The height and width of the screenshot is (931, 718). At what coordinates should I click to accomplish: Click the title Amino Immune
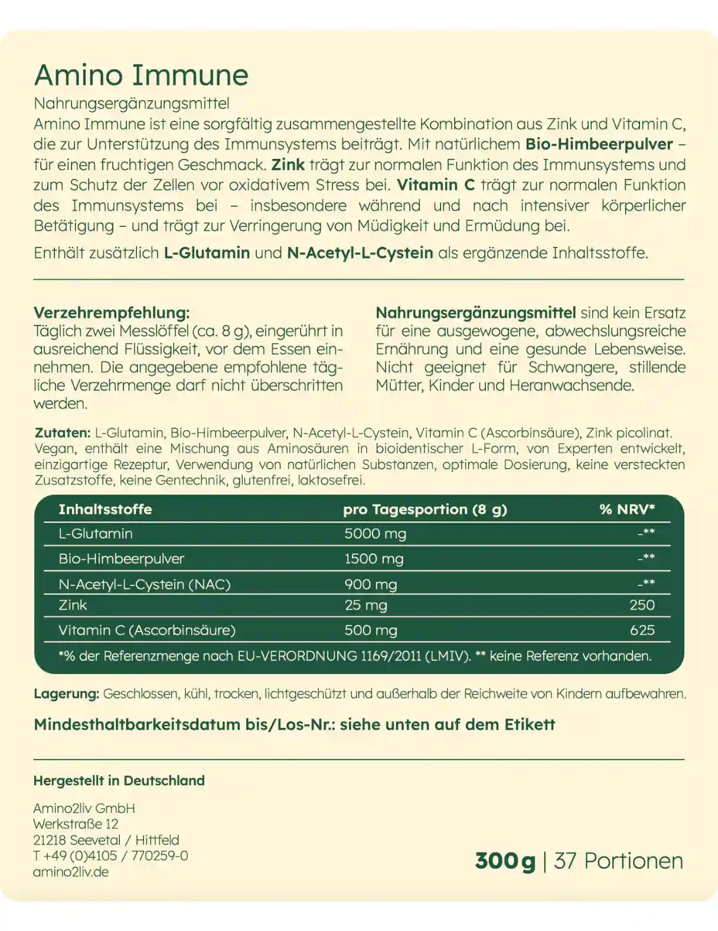(141, 75)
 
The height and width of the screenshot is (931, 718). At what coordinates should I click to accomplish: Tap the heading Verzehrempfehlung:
(112, 312)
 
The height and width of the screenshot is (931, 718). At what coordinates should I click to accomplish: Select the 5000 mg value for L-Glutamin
(375, 534)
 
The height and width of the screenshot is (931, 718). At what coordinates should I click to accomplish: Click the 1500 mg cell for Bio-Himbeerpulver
(374, 559)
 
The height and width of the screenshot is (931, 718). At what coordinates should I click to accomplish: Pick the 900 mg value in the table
(370, 584)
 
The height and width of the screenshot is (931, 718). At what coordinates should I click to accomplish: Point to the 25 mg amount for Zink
(365, 605)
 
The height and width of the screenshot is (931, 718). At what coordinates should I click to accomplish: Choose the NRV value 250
(642, 605)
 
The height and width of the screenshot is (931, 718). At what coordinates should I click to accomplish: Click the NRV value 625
(642, 630)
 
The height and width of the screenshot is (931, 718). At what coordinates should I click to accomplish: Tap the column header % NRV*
(626, 509)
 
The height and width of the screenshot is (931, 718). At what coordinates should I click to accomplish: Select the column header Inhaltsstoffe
(105, 509)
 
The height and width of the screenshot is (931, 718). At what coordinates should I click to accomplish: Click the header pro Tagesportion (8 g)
(425, 509)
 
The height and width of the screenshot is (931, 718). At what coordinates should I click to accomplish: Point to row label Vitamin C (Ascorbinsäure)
(147, 630)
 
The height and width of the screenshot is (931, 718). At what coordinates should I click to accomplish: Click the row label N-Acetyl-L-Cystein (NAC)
(145, 584)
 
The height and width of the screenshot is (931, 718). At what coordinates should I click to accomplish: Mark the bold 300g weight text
(505, 861)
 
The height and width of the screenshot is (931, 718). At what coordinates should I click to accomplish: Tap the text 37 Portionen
(618, 861)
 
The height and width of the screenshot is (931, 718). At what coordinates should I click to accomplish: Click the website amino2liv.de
(71, 872)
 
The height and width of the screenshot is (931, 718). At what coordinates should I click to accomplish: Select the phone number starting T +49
(110, 856)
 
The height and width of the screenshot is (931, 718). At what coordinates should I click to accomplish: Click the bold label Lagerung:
(66, 694)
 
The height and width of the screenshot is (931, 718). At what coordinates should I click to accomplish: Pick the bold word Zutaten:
(63, 433)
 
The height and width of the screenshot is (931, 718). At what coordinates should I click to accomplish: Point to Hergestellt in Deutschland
(119, 780)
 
